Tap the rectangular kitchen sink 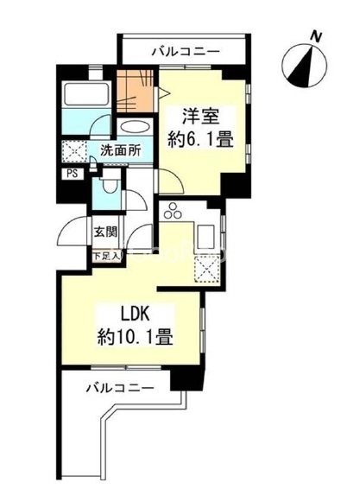tap(207, 235)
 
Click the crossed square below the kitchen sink tap(208, 271)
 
